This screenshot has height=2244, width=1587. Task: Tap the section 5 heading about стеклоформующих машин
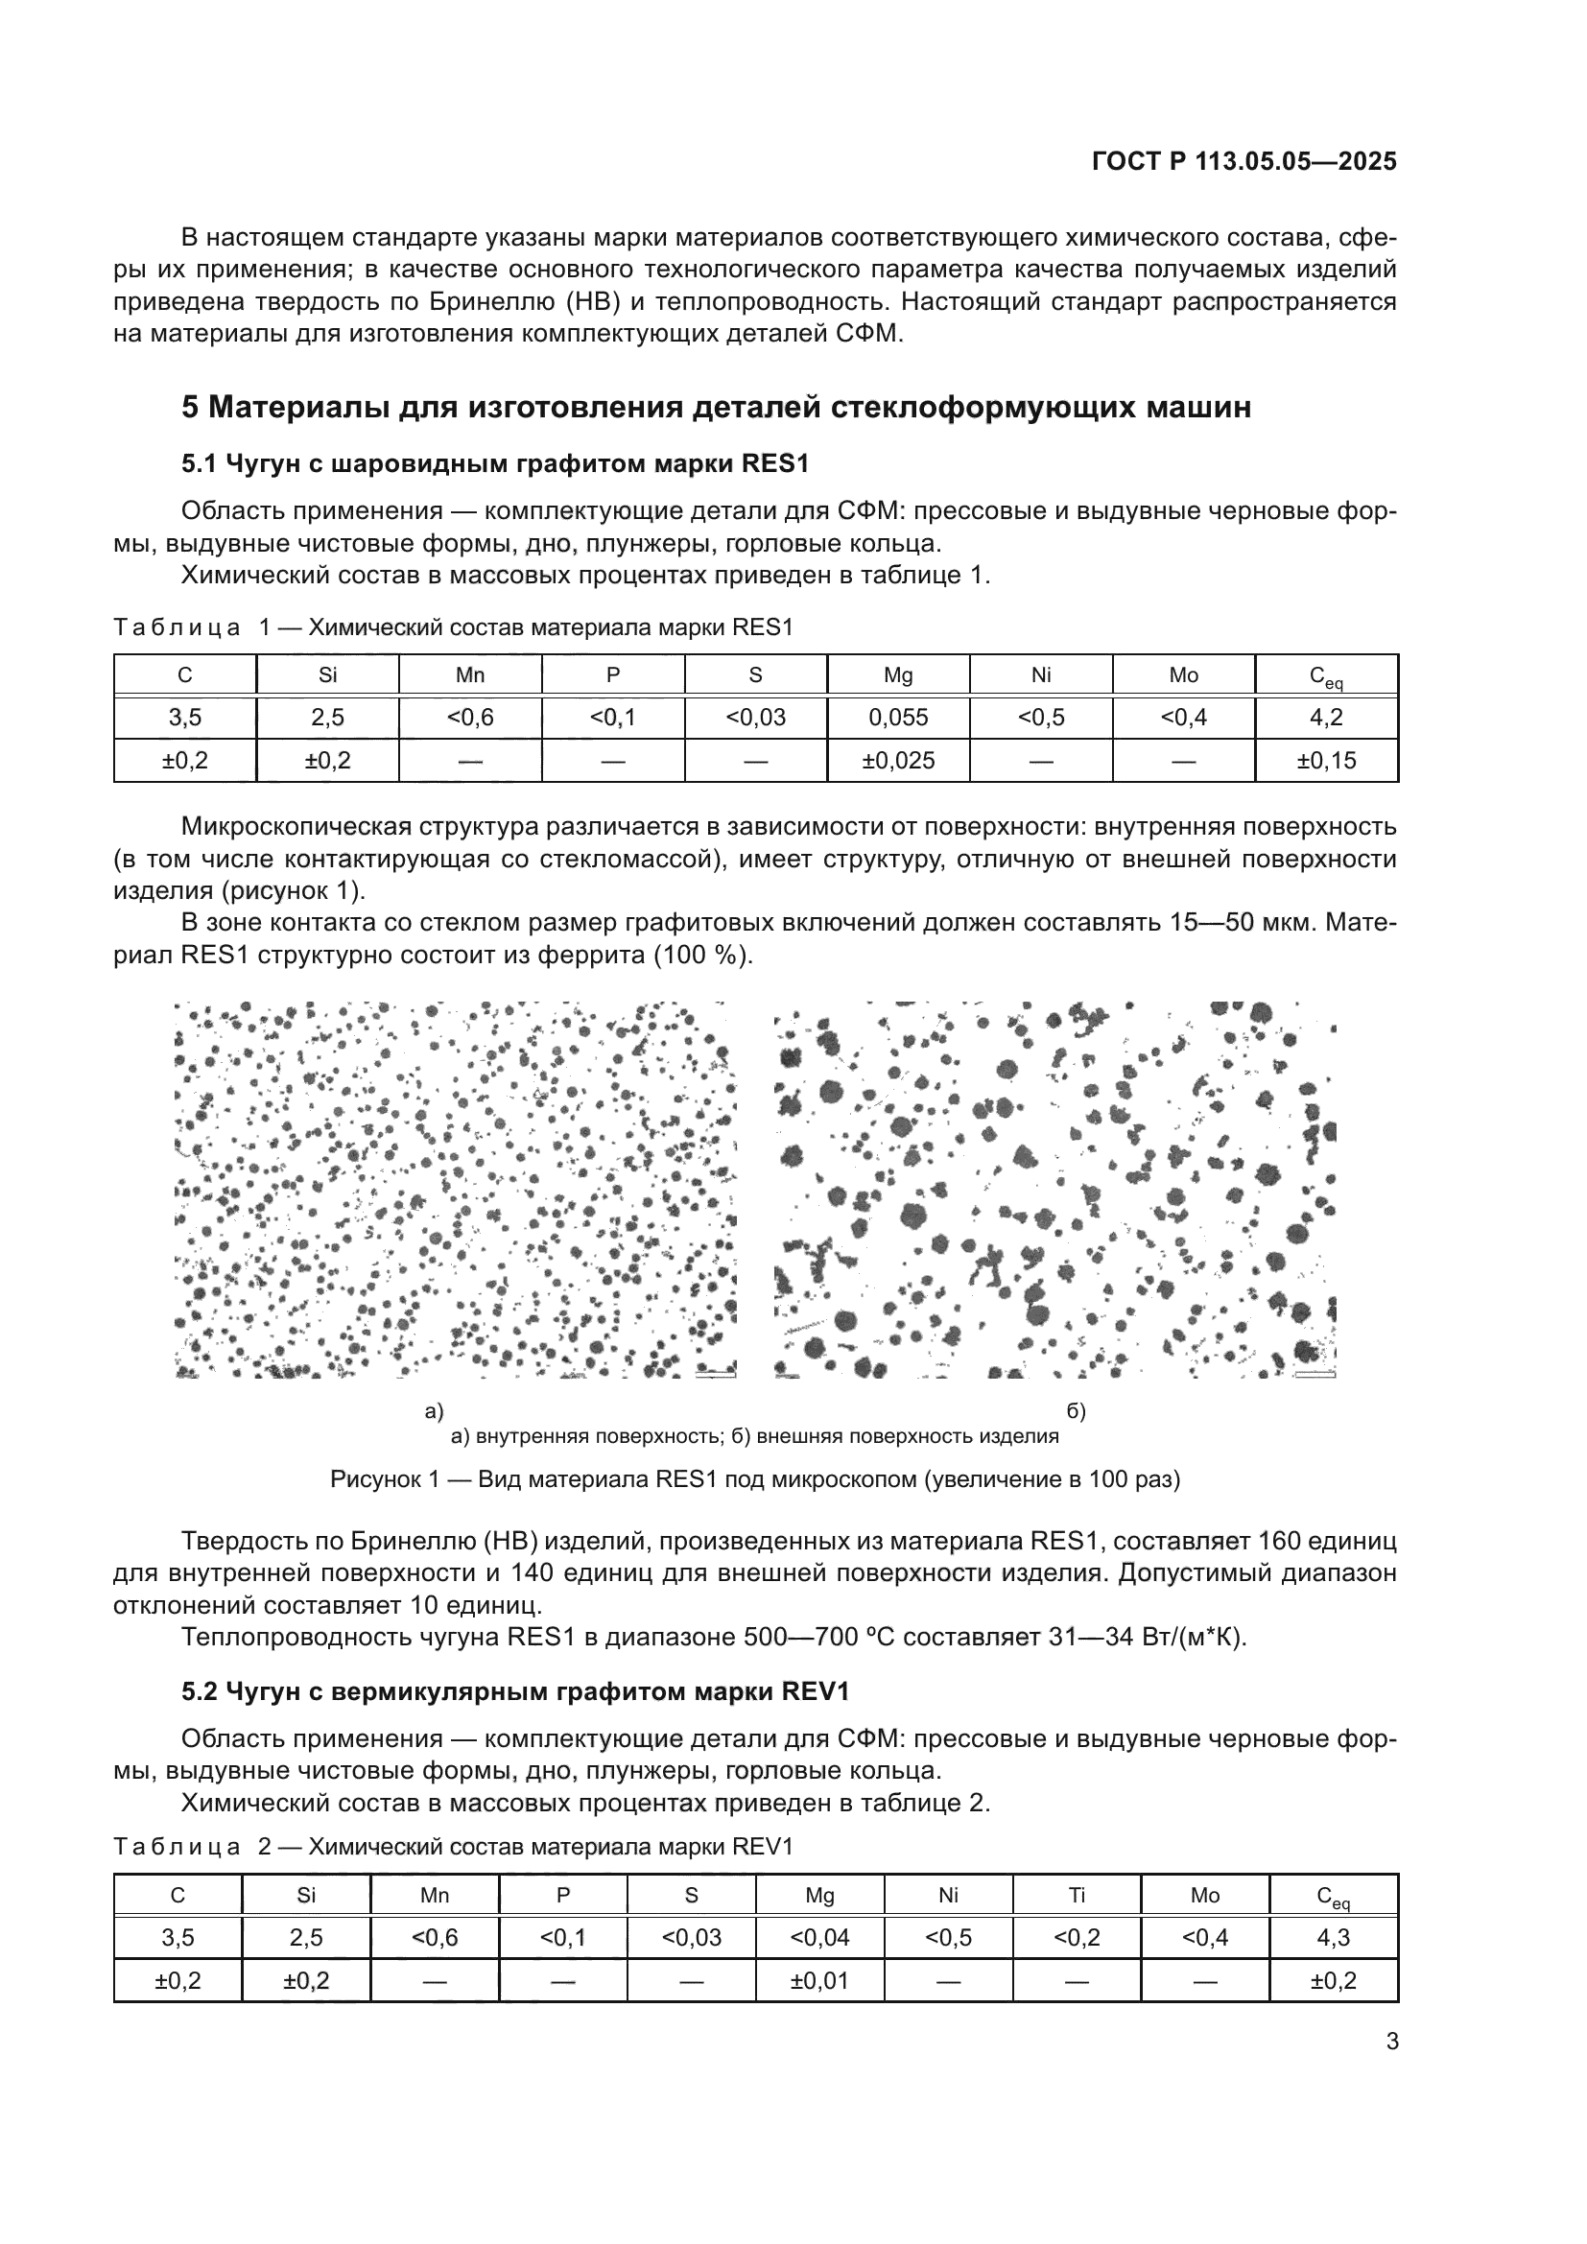click(x=716, y=407)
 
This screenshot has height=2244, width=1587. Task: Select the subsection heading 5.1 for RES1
click(x=495, y=463)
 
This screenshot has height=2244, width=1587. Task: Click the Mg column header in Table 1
click(x=897, y=675)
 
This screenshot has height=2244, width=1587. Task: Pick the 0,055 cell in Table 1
click(x=897, y=718)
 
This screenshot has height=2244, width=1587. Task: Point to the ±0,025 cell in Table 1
click(x=897, y=761)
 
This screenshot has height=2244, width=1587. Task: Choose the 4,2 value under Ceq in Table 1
click(x=1325, y=718)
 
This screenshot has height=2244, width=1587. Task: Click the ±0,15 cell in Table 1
click(x=1325, y=761)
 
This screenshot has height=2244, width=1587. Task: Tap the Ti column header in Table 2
click(x=1076, y=1895)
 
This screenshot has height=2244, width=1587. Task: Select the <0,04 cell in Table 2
click(x=818, y=1937)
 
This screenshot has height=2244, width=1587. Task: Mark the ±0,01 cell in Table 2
click(x=818, y=1980)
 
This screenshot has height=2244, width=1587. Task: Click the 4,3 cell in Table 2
click(x=1333, y=1937)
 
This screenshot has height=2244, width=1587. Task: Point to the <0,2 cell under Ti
click(x=1076, y=1937)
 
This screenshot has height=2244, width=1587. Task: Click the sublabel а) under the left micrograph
click(x=434, y=1411)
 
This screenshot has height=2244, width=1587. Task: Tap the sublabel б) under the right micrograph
click(x=1076, y=1411)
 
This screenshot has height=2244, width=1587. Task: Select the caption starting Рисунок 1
click(x=754, y=1479)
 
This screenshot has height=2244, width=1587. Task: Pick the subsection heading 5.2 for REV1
click(x=515, y=1691)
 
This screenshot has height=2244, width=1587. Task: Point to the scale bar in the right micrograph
click(x=1314, y=1374)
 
